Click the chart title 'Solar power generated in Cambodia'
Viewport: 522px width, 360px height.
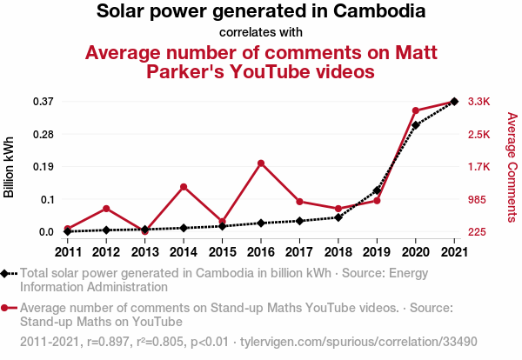coord(261,12)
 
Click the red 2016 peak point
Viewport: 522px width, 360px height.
coord(261,163)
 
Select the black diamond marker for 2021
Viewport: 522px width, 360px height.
coord(454,102)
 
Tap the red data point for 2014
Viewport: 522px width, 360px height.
coord(184,186)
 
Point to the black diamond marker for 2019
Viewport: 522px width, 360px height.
coord(377,190)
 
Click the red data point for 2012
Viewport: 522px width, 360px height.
coord(106,209)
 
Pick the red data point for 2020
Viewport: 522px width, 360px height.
coord(416,111)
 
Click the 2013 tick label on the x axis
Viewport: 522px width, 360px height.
coord(144,252)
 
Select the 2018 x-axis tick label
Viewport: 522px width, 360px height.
coord(338,252)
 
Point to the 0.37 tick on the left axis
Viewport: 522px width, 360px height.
coord(43,102)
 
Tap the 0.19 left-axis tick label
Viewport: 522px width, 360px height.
coord(43,167)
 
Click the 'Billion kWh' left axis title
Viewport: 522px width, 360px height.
coord(10,166)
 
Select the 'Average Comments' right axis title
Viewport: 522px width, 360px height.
coord(512,166)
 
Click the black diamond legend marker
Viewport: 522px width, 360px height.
coord(6,273)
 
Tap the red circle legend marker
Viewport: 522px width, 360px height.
coord(6,308)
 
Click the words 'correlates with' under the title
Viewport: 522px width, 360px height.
coord(261,33)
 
